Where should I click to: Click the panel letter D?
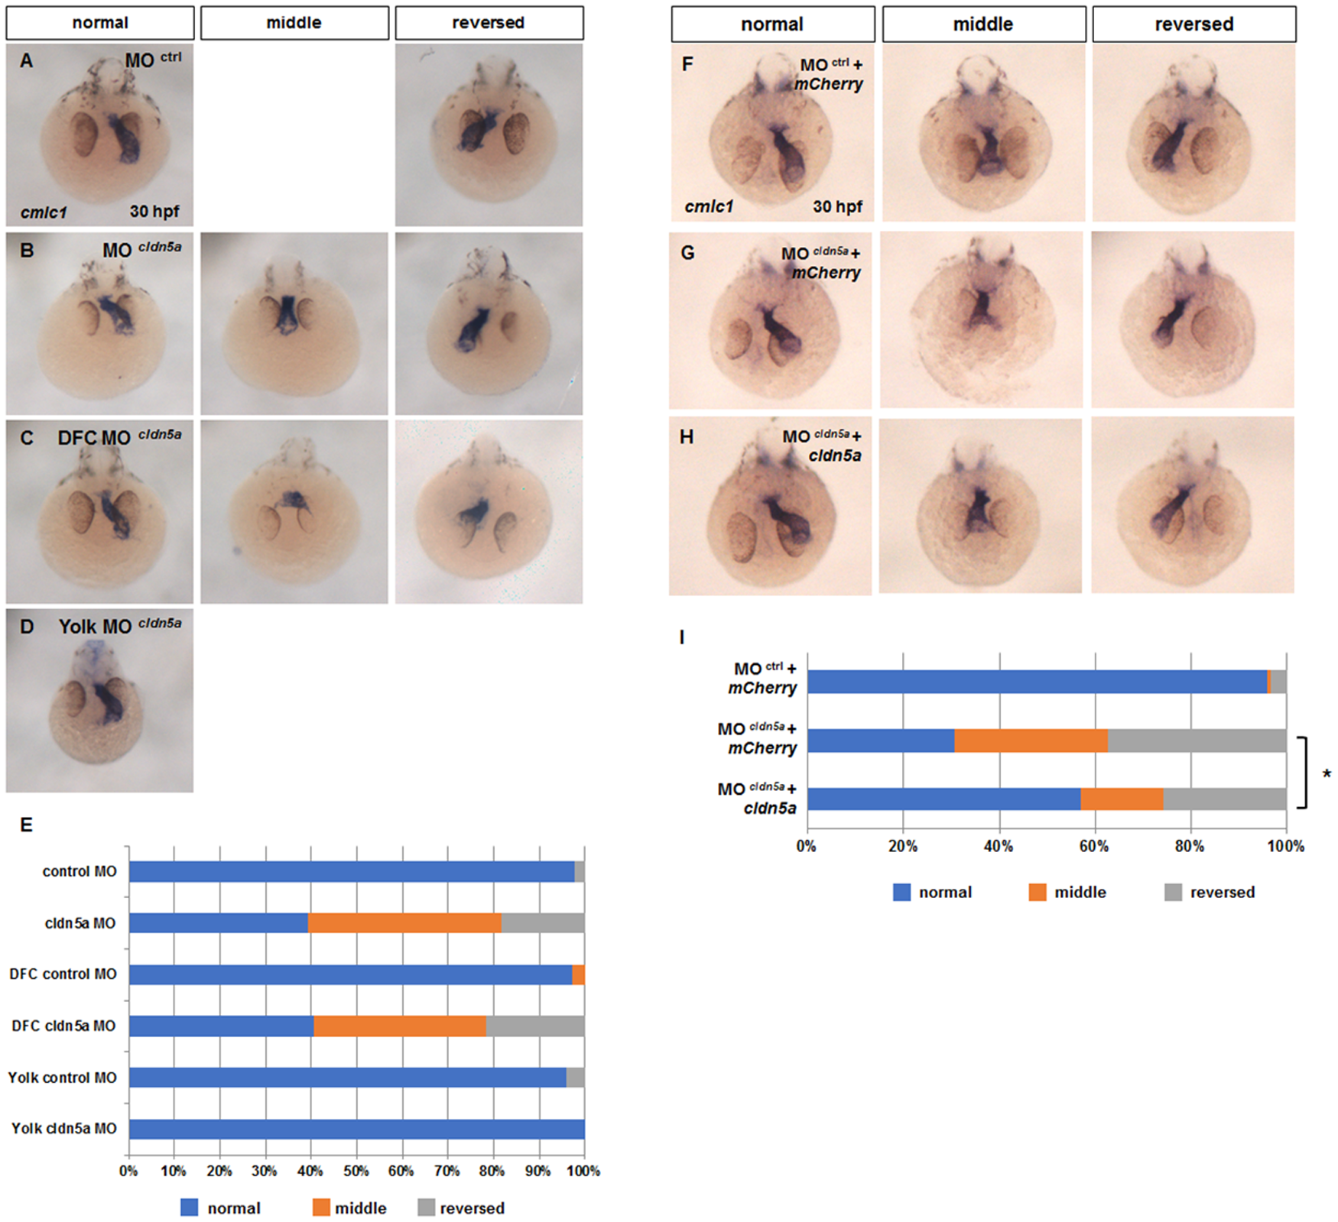pyautogui.click(x=27, y=627)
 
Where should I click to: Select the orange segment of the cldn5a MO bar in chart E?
pyautogui.click(x=404, y=922)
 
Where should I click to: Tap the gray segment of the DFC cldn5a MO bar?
pyautogui.click(x=535, y=1026)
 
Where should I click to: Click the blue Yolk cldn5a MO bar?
pyautogui.click(x=357, y=1129)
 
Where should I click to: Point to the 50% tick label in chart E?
pyautogui.click(x=356, y=1171)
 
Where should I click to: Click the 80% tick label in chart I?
pyautogui.click(x=1190, y=846)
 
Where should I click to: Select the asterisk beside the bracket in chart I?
pyautogui.click(x=1327, y=775)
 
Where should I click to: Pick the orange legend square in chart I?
pyautogui.click(x=1038, y=892)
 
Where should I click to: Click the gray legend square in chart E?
pyautogui.click(x=427, y=1207)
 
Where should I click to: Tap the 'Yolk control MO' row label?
pyautogui.click(x=63, y=1078)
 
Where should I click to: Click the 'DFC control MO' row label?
pyautogui.click(x=63, y=974)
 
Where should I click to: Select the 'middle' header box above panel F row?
pyautogui.click(x=984, y=24)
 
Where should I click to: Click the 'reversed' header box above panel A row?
pyautogui.click(x=489, y=23)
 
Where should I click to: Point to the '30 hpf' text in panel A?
pyautogui.click(x=154, y=211)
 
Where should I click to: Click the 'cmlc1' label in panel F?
pyautogui.click(x=709, y=206)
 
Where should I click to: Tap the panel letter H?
pyautogui.click(x=687, y=437)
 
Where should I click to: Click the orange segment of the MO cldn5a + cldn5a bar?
pyautogui.click(x=1122, y=799)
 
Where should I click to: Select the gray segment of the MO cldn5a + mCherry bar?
pyautogui.click(x=1197, y=741)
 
